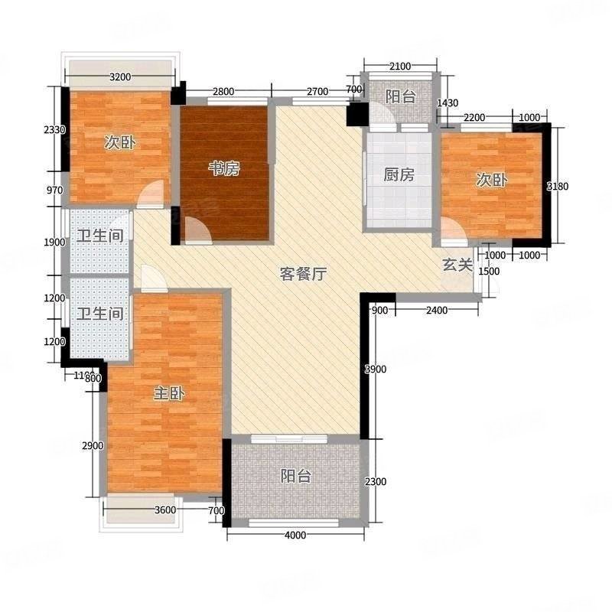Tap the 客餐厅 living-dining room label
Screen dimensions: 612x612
[x=303, y=275]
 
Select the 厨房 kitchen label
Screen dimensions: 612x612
[x=399, y=174]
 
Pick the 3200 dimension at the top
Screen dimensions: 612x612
[x=122, y=76]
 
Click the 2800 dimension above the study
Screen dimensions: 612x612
[x=223, y=93]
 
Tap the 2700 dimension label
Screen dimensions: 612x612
[x=317, y=93]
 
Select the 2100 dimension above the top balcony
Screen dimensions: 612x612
[x=399, y=67]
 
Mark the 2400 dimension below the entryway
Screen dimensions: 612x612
[x=436, y=310]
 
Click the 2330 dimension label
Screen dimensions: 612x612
[x=54, y=131]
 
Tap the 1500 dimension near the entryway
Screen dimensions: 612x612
[x=489, y=272]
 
